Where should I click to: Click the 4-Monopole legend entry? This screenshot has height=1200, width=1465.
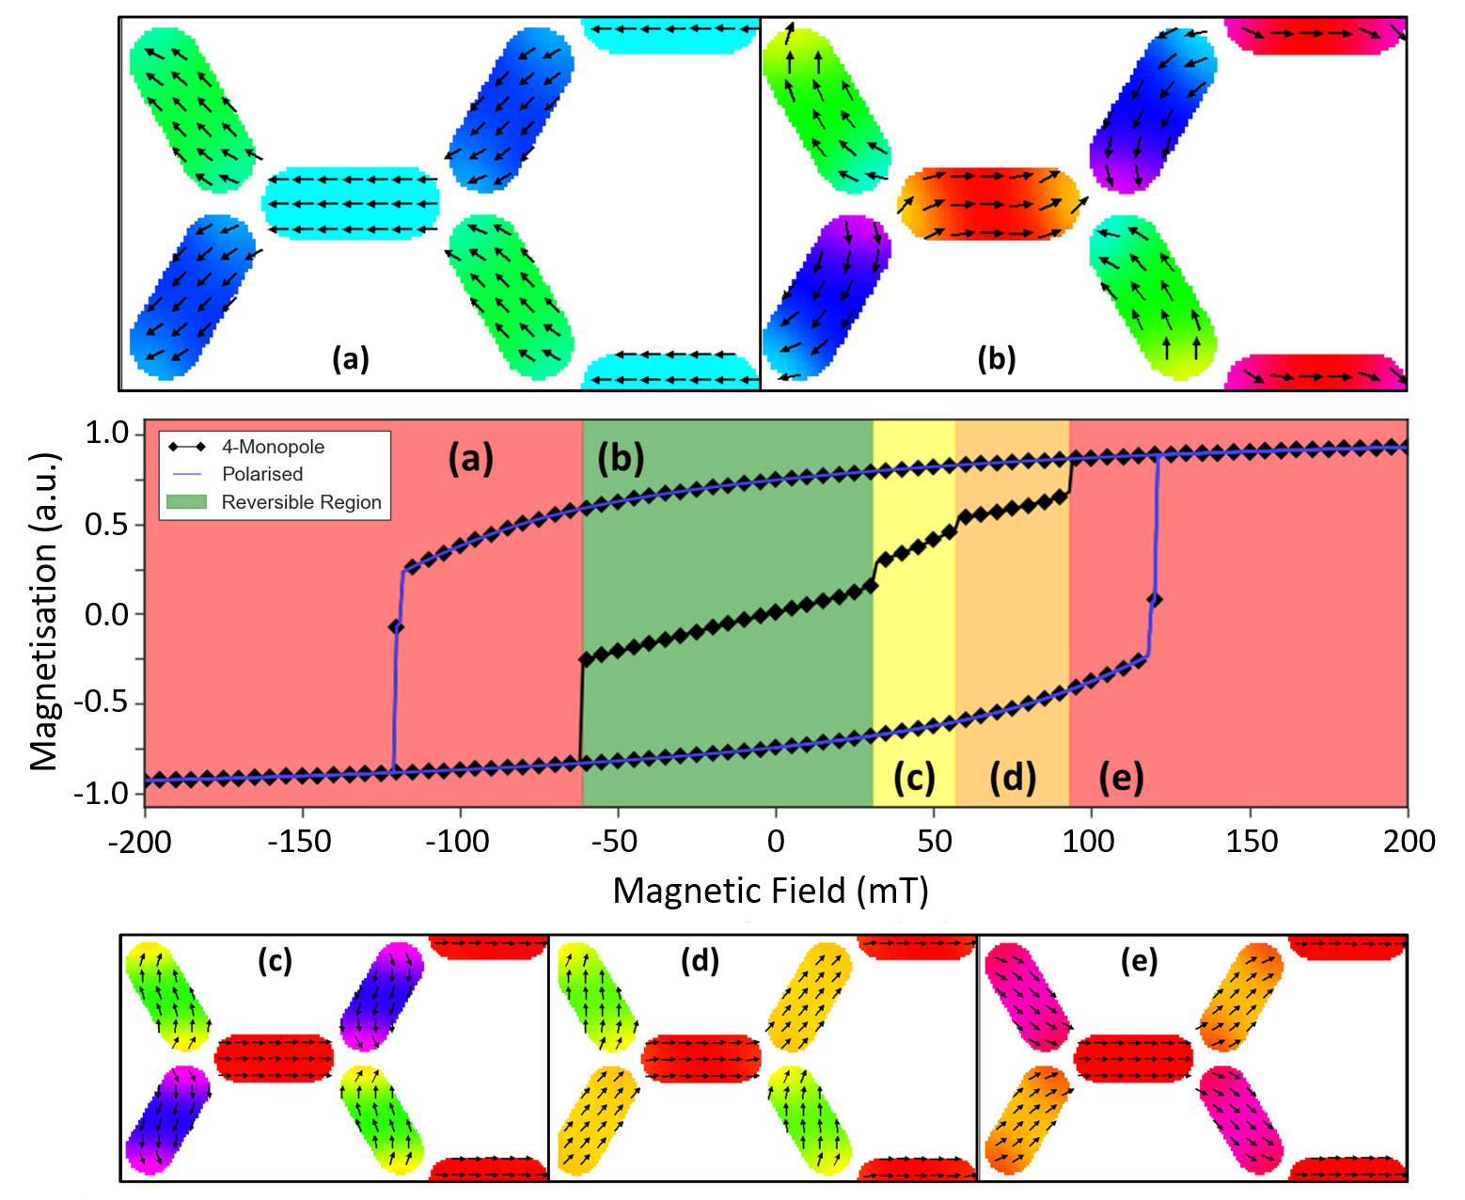coord(273,447)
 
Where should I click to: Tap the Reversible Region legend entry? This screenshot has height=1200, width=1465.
coord(301,502)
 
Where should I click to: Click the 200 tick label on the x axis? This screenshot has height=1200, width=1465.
coord(1408,840)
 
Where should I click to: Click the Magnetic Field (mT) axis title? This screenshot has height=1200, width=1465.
coord(770,890)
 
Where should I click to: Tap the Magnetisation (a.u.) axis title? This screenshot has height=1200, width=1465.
coord(43,611)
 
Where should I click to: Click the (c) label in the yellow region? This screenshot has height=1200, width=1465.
coord(914,778)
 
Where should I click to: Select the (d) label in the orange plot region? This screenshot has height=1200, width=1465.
coord(1013,778)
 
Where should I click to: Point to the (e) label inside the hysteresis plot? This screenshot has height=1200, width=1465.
coord(1121,778)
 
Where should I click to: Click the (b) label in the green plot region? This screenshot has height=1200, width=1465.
coord(621,458)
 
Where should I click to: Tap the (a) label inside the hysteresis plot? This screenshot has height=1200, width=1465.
coord(470,458)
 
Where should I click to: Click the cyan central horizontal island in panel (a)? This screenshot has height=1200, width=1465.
coord(351,203)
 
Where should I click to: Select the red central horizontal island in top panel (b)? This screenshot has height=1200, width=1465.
coord(987,204)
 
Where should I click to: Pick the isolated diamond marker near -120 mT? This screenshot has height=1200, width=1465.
coord(397,626)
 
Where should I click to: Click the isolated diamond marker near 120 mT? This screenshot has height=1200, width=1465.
coord(1154,599)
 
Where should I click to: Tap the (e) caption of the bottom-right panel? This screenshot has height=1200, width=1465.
coord(1139,960)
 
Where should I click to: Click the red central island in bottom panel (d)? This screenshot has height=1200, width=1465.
coord(701,1058)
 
